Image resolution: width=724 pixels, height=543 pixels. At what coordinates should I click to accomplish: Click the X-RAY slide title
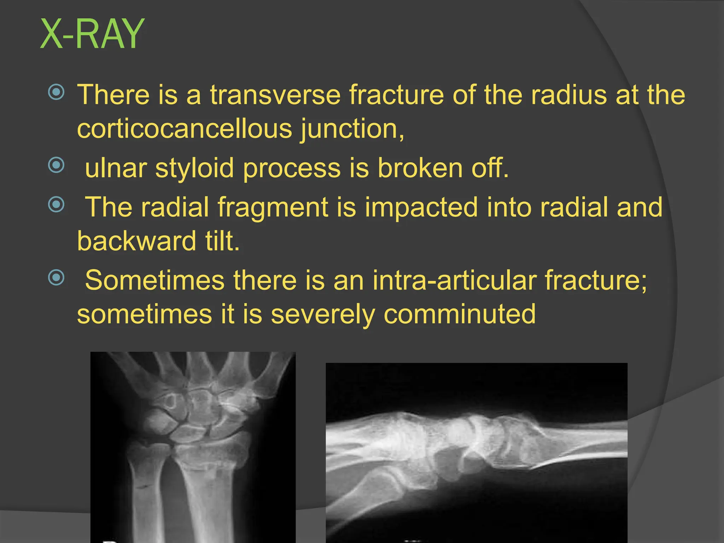pyautogui.click(x=92, y=35)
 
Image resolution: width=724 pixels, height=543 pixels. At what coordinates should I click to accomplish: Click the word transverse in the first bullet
pyautogui.click(x=275, y=95)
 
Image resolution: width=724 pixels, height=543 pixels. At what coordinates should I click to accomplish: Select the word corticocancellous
pyautogui.click(x=184, y=129)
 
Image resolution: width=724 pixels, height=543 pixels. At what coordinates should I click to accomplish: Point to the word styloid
pyautogui.click(x=194, y=168)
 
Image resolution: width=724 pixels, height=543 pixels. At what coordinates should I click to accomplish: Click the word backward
pyautogui.click(x=136, y=241)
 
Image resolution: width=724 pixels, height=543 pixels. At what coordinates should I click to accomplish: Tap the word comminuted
pyautogui.click(x=460, y=314)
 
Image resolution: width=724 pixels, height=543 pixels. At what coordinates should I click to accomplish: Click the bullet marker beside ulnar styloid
pyautogui.click(x=56, y=165)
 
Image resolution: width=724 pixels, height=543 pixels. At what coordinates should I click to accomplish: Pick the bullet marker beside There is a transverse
pyautogui.click(x=56, y=92)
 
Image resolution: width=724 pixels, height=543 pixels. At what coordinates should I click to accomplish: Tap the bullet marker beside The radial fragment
pyautogui.click(x=56, y=204)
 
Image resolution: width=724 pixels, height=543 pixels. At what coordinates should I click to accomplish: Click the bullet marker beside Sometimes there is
pyautogui.click(x=56, y=278)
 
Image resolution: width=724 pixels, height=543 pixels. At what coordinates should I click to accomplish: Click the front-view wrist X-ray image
pyautogui.click(x=193, y=447)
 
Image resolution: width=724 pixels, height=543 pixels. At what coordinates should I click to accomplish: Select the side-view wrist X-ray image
pyautogui.click(x=476, y=452)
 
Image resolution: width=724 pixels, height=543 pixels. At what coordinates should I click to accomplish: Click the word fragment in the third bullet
pyautogui.click(x=273, y=208)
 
